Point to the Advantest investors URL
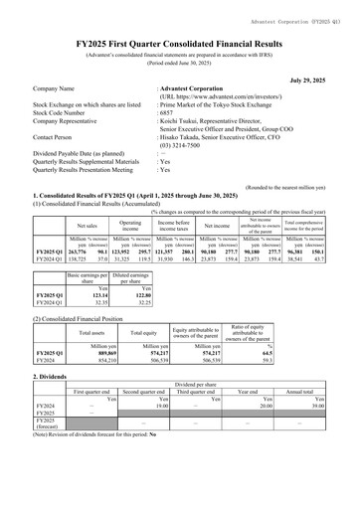[x=218, y=96]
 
